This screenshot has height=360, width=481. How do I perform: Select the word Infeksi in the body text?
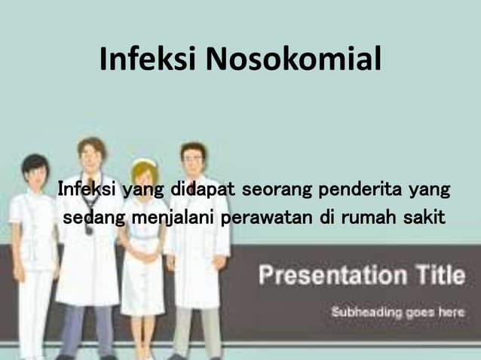point(86,187)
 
